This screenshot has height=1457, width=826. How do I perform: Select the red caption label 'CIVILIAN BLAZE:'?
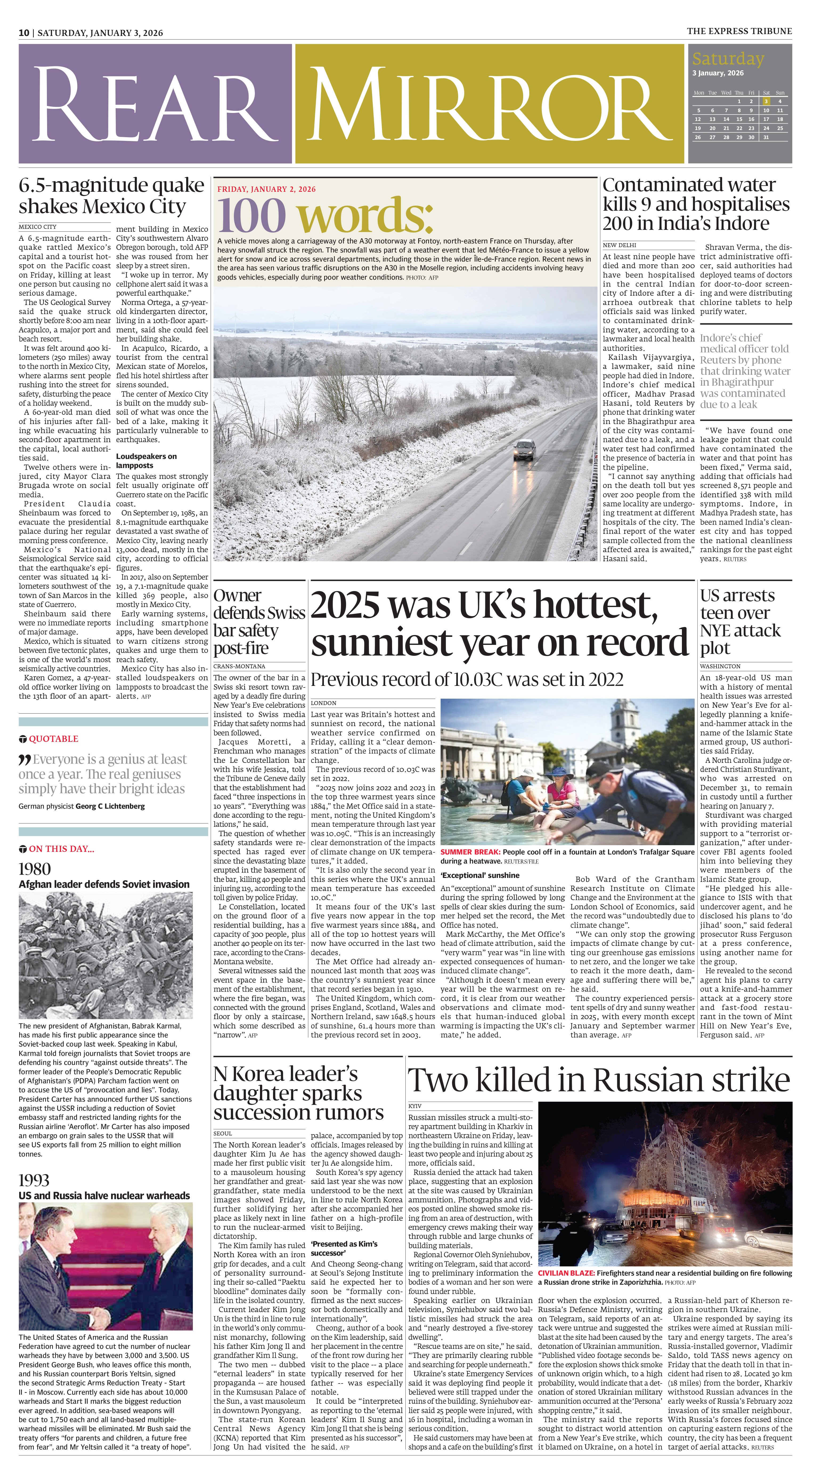pos(566,1273)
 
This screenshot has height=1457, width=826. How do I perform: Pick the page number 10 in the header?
pos(24,33)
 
